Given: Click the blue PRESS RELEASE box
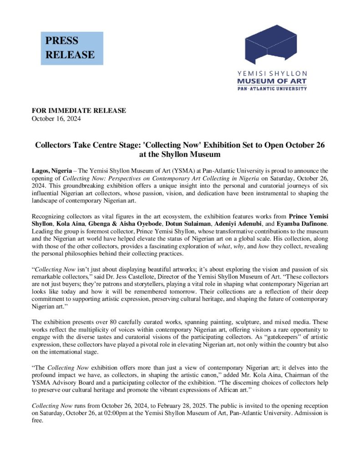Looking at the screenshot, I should [72, 48].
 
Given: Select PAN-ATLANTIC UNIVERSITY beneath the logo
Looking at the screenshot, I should [272, 88].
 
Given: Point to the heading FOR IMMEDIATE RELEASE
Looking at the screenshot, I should [78, 111].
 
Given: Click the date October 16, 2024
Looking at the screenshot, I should [56, 119].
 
